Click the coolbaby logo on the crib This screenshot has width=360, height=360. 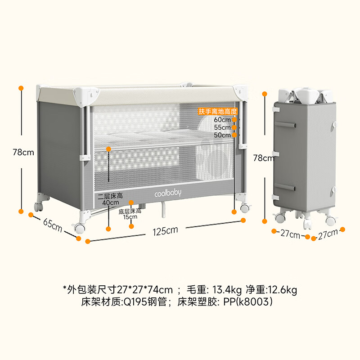coord(168,193)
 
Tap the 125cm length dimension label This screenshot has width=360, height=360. coord(165,231)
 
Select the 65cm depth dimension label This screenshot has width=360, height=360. coord(53,225)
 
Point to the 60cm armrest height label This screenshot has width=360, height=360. coord(222,120)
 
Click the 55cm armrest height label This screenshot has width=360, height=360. coord(222,127)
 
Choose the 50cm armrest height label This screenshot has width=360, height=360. coord(222,135)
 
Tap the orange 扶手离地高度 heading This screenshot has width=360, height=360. coord(217,112)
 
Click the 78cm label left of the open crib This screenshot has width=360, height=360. coord(23,152)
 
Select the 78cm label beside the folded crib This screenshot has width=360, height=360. coord(264,158)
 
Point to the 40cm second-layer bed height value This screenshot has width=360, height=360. coord(110,202)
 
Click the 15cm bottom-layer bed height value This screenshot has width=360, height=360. coord(130,217)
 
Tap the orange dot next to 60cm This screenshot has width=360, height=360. coord(234,120)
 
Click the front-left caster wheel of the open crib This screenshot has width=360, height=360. coord(80,229)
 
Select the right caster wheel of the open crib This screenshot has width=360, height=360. coord(245,208)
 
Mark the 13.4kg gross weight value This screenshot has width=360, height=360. coord(227,290)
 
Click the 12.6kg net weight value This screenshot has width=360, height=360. coord(282,290)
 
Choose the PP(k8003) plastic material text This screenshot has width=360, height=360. coord(248,301)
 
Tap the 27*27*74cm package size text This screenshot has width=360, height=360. coord(144,290)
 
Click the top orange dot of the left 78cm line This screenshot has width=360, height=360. coord(21,88)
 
